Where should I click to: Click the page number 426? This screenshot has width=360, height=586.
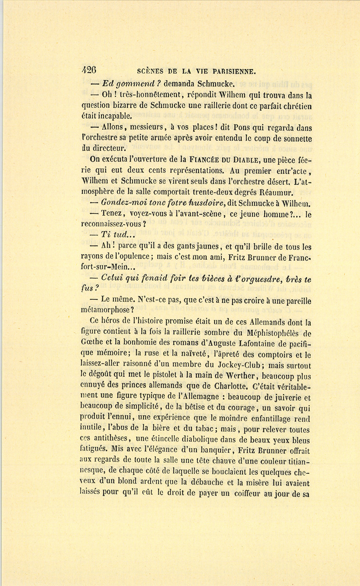[x=88, y=70]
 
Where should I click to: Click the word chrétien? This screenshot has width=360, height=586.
[x=296, y=106]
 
